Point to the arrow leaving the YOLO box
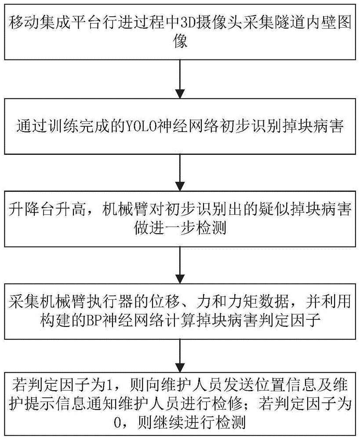pos(179,173)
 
